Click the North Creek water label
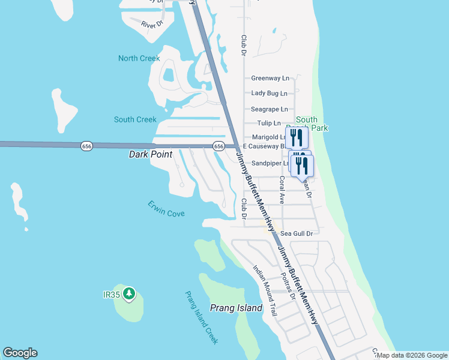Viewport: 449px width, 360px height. pos(139,58)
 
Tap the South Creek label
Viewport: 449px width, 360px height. pos(135,119)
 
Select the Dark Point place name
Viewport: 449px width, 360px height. pos(151,155)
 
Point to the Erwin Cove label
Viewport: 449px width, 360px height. pos(166,209)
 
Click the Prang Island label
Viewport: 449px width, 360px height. pos(236,308)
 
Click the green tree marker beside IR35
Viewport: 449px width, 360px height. pos(128,294)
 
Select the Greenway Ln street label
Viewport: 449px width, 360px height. pos(270,78)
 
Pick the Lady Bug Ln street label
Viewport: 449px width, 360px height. pos(269,93)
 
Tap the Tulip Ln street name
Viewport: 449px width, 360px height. pos(269,123)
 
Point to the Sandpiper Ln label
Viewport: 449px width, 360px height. pos(270,163)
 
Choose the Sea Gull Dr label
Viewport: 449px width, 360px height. pos(297,233)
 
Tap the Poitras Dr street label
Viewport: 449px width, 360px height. pos(289,287)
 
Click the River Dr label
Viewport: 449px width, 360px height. pos(152,25)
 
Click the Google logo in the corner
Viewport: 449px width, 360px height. pos(20,353)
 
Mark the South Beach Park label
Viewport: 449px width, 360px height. pos(312,124)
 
